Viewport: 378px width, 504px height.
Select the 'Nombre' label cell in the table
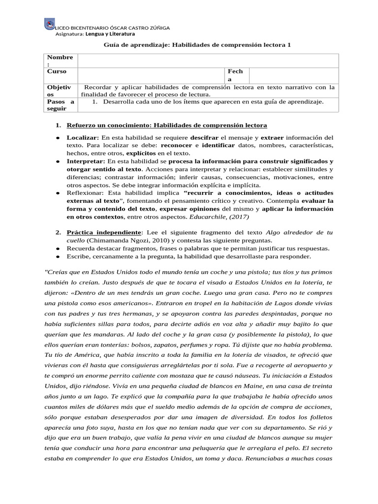[x=60, y=61]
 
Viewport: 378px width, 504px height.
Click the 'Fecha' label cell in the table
[x=235, y=75]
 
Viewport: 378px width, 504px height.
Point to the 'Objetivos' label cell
[x=60, y=91]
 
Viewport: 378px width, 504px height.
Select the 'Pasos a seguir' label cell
[x=60, y=105]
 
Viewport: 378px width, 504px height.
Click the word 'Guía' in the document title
[x=111, y=45]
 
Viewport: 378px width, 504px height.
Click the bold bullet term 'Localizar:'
[x=83, y=137]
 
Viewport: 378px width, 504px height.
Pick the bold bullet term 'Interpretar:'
[x=86, y=161]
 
